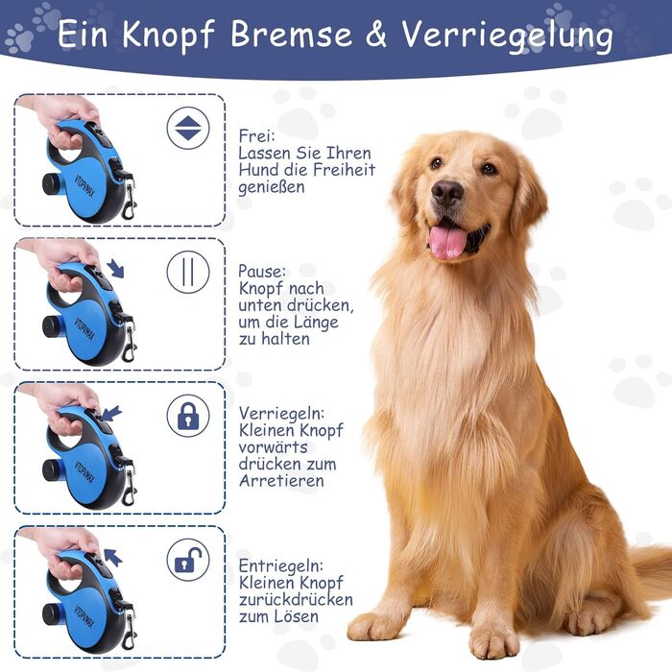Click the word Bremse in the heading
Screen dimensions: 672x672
click(292, 34)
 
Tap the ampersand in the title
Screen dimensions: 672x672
click(376, 34)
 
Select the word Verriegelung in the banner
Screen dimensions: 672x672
click(508, 36)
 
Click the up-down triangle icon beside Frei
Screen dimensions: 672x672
click(188, 128)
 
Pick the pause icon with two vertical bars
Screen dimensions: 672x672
click(188, 272)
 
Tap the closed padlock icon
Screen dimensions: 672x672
click(188, 416)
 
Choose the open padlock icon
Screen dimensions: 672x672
click(188, 560)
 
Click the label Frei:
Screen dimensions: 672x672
click(256, 136)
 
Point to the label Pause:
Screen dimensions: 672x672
click(261, 272)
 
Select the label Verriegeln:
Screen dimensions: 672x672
click(281, 414)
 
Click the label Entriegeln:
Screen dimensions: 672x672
click(280, 566)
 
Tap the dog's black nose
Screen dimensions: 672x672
click(447, 192)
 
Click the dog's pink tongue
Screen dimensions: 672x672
click(447, 241)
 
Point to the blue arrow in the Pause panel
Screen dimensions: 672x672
click(115, 268)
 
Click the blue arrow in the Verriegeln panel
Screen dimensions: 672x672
click(111, 414)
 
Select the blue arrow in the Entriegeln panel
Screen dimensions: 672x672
click(113, 557)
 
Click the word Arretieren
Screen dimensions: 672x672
click(281, 481)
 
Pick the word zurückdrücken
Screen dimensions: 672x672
click(296, 600)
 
